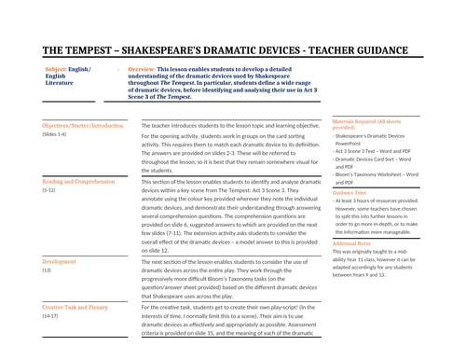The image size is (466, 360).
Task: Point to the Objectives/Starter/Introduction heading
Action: pyautogui.click(x=83, y=125)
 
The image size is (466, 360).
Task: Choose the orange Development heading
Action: pyautogui.click(x=60, y=262)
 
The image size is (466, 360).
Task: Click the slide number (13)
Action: pyautogui.click(x=47, y=271)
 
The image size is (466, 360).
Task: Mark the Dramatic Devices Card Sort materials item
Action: pyautogui.click(x=377, y=159)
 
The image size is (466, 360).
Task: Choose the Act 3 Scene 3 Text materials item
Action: pyautogui.click(x=373, y=151)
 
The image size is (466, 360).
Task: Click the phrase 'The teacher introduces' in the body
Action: pyautogui.click(x=177, y=125)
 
